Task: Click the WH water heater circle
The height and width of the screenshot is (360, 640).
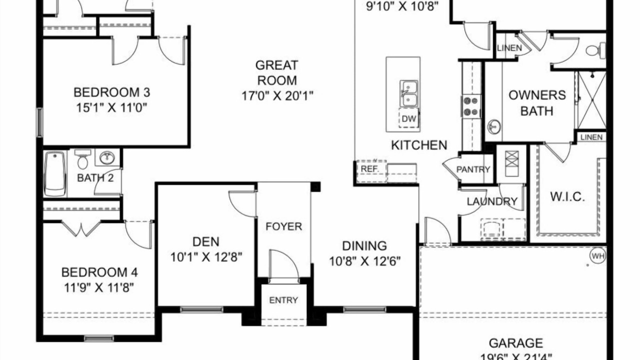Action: coord(598,255)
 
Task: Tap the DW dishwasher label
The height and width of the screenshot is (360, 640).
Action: coord(409,119)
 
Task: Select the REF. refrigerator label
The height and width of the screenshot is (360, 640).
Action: coord(369,169)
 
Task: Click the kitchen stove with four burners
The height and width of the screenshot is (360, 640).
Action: coord(471,106)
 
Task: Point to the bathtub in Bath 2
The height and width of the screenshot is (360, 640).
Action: coord(55,174)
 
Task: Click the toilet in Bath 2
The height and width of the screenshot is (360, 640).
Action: coord(82,159)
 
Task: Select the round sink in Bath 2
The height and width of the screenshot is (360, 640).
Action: coord(107,157)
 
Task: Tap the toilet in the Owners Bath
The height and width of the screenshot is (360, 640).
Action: coord(595,50)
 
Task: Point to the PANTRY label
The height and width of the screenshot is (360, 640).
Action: coord(473,169)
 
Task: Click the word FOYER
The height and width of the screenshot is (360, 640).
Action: coord(283,226)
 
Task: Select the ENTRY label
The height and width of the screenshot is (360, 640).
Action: coord(283,300)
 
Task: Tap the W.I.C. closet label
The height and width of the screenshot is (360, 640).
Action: coord(567,196)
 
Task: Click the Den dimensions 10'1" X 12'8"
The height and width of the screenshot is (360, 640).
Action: coord(206,257)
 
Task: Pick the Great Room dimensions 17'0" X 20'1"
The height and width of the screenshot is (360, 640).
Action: coord(277,95)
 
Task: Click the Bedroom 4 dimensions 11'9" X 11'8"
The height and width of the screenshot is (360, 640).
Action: coord(99,287)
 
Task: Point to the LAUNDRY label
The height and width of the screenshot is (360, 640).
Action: coord(492,201)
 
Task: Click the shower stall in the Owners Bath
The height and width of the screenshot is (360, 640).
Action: coord(591,100)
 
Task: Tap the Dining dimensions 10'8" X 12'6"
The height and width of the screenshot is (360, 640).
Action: coord(365,261)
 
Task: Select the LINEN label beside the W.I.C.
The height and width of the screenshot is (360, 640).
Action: coord(591,137)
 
